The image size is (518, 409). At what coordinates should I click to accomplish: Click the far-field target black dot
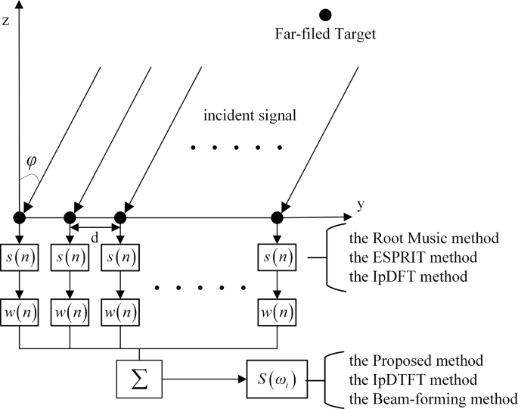point(325,14)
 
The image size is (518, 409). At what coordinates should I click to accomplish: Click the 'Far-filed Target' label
point(325,33)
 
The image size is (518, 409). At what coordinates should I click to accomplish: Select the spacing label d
point(94,238)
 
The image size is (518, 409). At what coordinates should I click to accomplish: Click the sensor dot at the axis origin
point(20,218)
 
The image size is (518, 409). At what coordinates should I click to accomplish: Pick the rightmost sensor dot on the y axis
point(277,218)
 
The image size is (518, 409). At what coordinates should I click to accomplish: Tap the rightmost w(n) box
point(277,311)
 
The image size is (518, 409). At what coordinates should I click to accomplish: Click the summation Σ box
point(140,376)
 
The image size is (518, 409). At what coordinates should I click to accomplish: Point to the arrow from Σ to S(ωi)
point(204,376)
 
